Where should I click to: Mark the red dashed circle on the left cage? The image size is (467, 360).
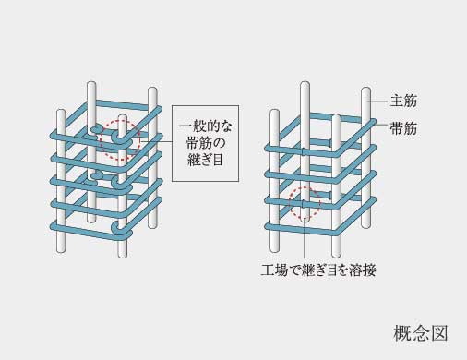(x=121, y=140)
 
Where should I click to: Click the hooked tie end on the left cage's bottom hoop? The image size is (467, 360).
(x=113, y=225)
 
